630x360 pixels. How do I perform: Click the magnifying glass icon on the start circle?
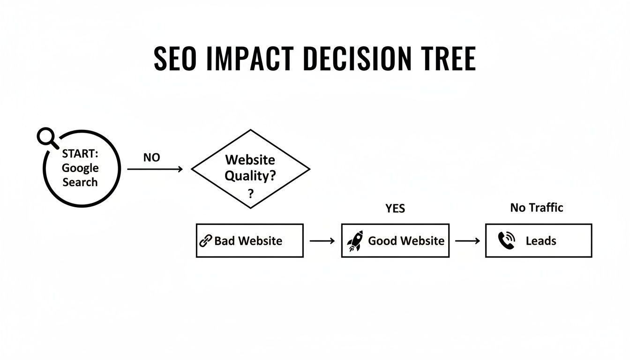tap(46, 137)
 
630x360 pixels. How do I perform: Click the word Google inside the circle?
tap(80, 168)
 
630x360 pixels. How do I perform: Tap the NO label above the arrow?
tap(151, 158)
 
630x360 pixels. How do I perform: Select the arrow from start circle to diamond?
tap(155, 169)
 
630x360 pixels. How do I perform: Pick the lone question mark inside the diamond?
tap(251, 193)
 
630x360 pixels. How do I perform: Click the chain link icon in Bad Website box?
tap(205, 241)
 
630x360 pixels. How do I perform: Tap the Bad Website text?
tap(248, 241)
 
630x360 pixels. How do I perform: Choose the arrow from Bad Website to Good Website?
tap(322, 241)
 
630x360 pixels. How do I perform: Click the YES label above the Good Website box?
tap(395, 209)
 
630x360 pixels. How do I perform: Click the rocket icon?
tap(355, 241)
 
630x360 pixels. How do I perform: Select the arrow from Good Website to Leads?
tap(467, 241)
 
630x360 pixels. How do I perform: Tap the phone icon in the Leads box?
tap(506, 241)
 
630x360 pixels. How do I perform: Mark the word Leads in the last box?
tap(540, 241)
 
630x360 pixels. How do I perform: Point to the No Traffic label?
tap(536, 208)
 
